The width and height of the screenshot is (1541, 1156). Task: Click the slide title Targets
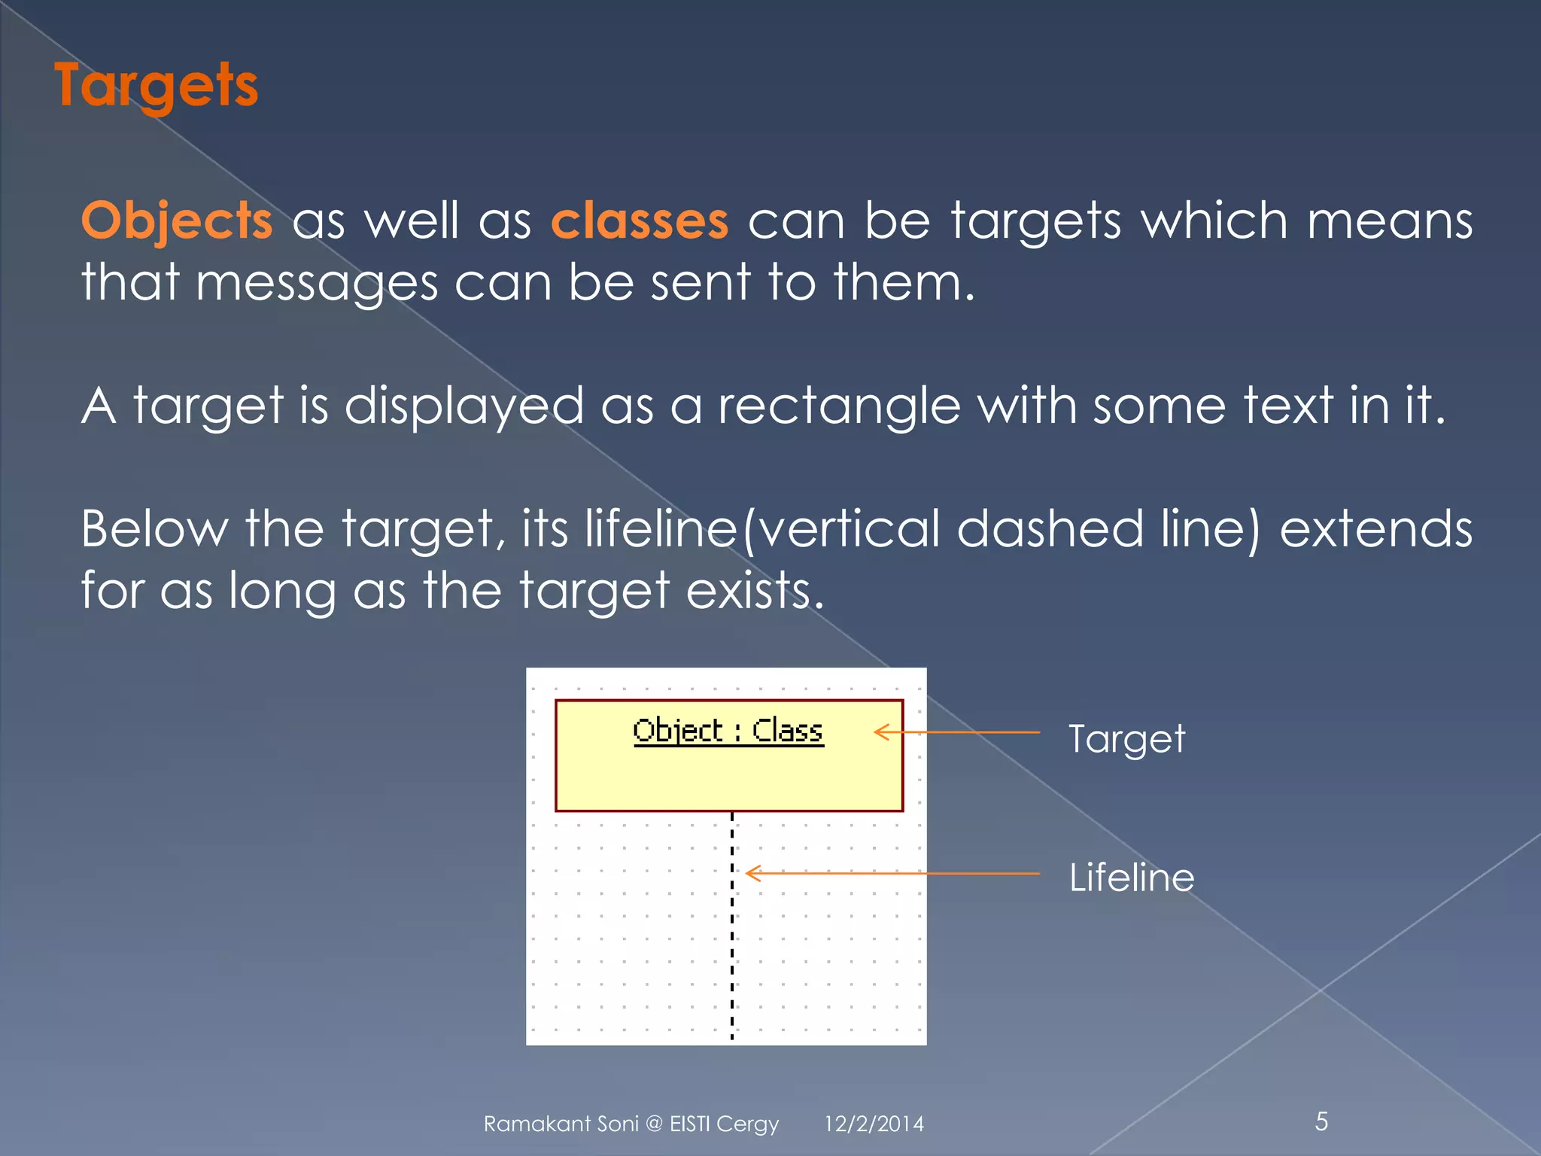157,86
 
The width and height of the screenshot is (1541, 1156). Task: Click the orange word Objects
177,221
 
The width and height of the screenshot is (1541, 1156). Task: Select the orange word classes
640,221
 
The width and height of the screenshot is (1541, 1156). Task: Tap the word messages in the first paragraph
316,284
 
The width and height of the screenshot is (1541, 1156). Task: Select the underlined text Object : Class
728,731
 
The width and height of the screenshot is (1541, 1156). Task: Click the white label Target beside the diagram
1126,739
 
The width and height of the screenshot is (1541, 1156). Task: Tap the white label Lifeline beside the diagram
1132,878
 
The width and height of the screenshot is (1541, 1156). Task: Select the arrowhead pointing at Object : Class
881,732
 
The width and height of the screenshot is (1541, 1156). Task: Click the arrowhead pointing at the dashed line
752,873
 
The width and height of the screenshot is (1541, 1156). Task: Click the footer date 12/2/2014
874,1124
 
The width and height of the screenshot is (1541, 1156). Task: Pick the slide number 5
1321,1121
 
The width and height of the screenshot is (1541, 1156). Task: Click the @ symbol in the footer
654,1124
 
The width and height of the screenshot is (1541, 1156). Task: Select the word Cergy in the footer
747,1124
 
